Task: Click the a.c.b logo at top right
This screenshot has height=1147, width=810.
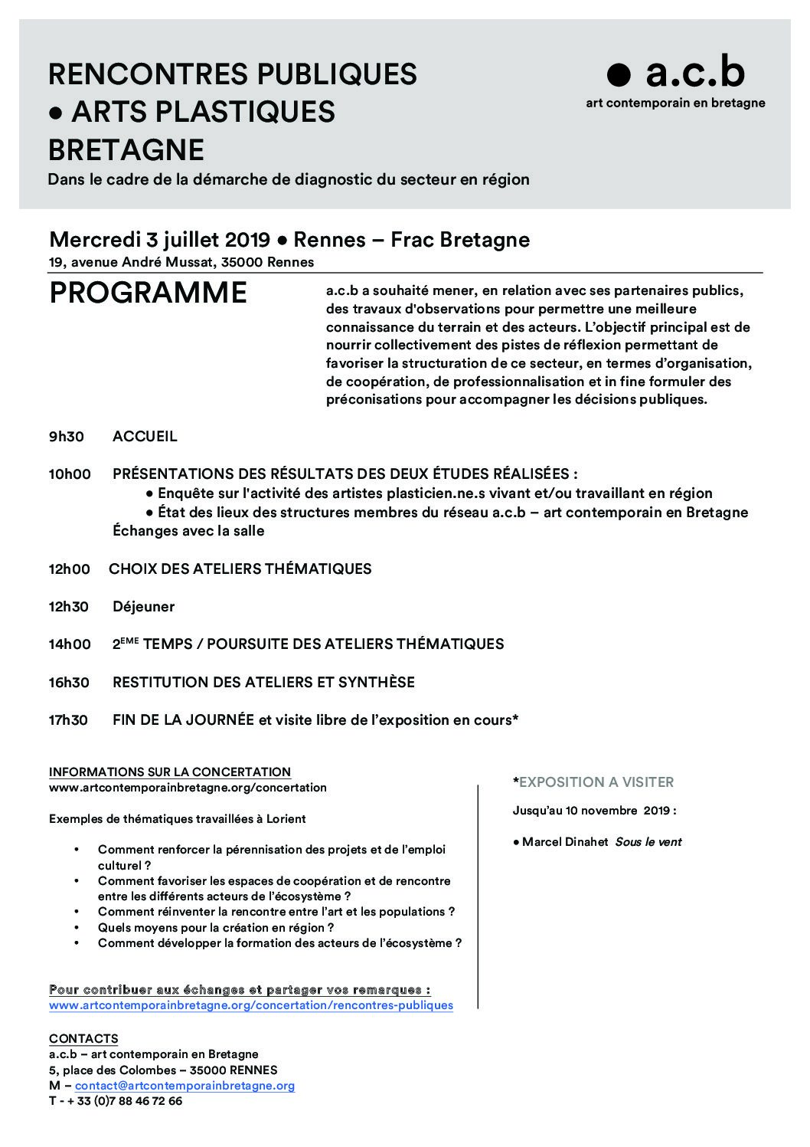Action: click(675, 74)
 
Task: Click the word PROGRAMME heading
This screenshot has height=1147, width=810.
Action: click(149, 293)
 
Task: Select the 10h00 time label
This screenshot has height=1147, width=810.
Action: click(70, 474)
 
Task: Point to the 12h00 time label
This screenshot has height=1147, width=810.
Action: click(70, 569)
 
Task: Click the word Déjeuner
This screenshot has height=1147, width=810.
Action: click(143, 607)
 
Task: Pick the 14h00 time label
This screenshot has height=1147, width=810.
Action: click(70, 644)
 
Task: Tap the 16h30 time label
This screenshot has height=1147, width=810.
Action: click(69, 683)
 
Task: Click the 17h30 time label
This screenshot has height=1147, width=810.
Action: click(68, 720)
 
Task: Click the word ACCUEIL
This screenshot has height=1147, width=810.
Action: click(145, 437)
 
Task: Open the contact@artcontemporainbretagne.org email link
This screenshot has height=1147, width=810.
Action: click(185, 1086)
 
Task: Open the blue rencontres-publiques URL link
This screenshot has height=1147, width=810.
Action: click(251, 1004)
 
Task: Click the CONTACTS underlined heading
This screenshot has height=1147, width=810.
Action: click(83, 1039)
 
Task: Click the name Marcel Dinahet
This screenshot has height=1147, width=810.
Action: click(565, 842)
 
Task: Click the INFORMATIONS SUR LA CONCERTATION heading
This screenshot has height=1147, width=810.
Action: click(170, 772)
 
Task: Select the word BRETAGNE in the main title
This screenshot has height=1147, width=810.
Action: click(126, 149)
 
